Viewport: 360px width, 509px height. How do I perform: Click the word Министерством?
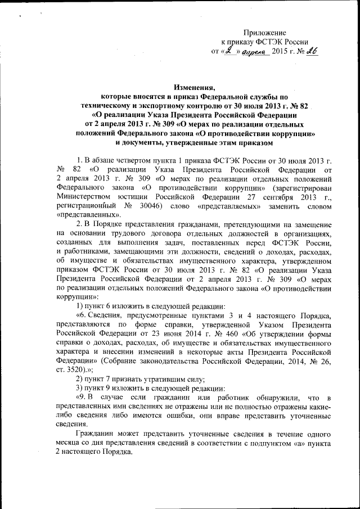click(85, 195)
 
